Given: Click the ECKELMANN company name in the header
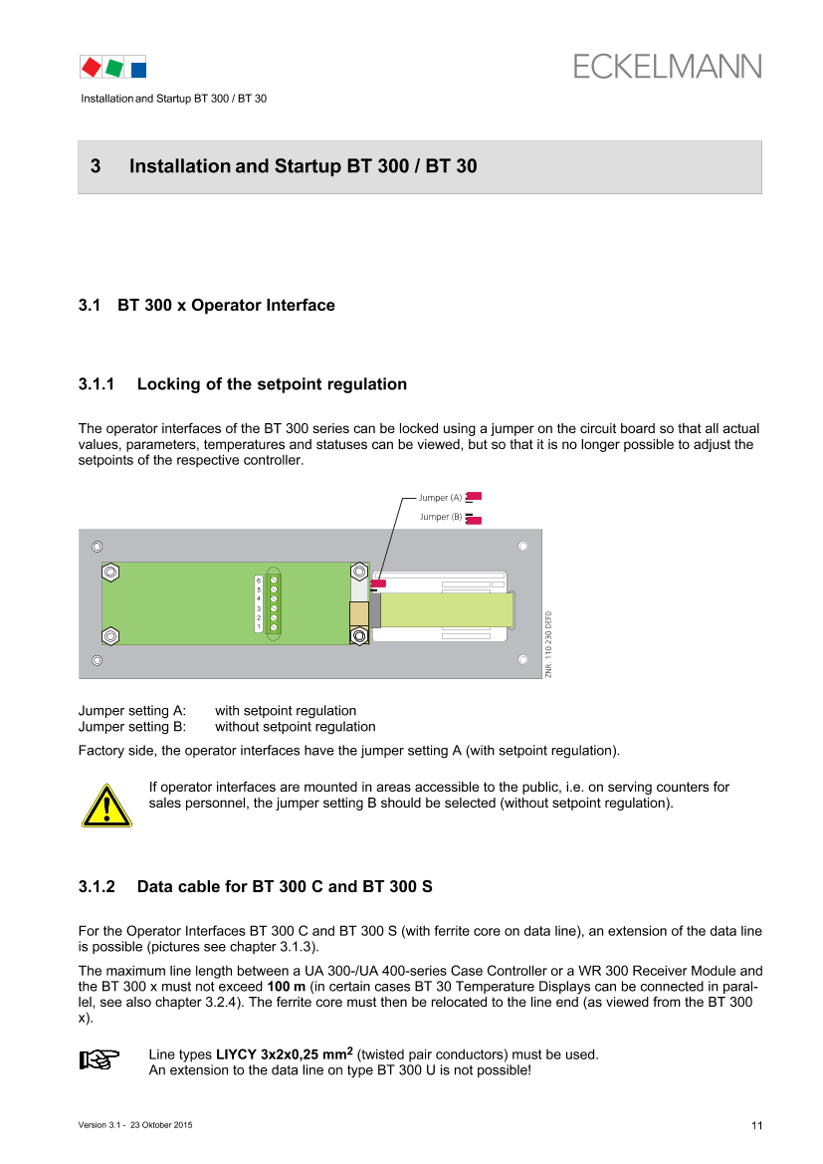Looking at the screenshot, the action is (667, 67).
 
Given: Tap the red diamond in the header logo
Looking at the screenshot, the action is (92, 68).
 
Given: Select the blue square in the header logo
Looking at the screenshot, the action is (138, 70).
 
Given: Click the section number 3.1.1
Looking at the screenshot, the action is (97, 383).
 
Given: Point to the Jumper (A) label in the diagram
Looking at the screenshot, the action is (440, 498).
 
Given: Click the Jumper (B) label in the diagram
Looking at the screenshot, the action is (441, 517).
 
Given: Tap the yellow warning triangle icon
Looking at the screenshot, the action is (106, 806).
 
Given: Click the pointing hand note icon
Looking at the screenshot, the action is (100, 1059).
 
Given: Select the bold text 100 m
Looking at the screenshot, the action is (287, 987).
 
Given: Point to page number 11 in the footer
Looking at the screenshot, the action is (757, 1125).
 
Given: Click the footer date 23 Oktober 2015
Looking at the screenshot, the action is (161, 1124).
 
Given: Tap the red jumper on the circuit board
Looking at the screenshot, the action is (378, 583).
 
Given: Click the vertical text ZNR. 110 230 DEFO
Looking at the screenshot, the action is (548, 643).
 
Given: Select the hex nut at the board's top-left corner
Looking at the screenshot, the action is (110, 573).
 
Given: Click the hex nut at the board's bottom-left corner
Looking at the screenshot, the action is (110, 636).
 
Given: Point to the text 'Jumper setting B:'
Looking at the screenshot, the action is (132, 727).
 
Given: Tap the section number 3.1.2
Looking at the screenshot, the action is (97, 886).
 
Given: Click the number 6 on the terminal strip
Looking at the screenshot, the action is (259, 580).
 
